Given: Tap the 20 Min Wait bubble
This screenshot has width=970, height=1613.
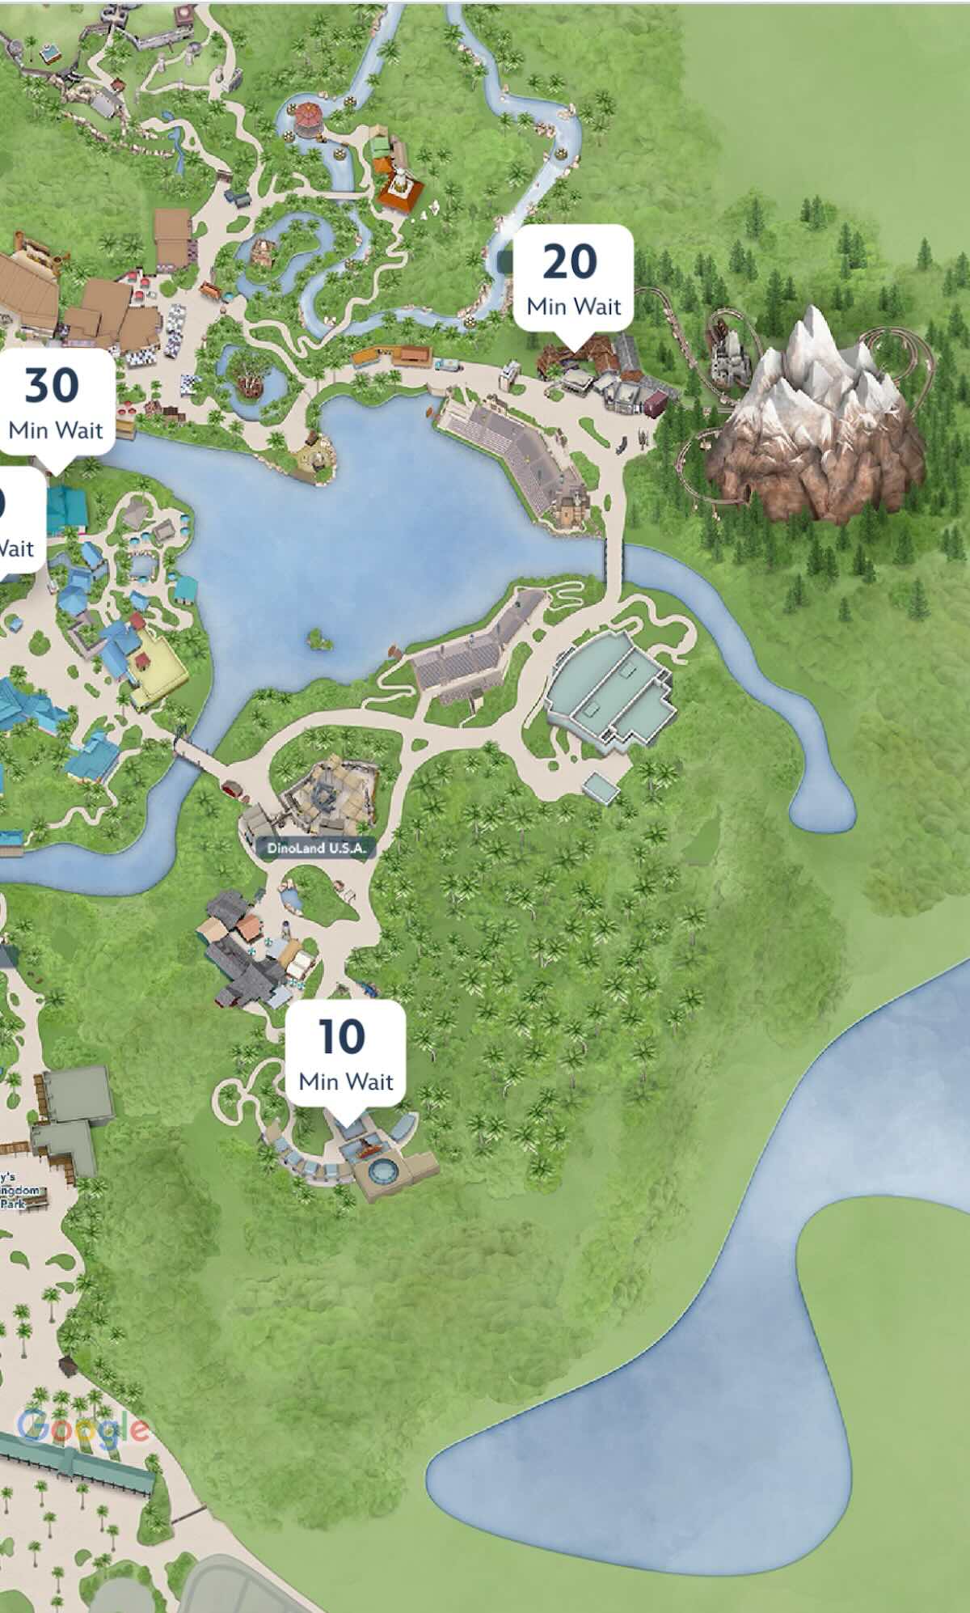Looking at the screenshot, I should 573,279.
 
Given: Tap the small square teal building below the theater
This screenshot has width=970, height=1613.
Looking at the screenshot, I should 601,786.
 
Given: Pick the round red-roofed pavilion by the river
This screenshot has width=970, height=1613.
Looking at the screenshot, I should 308,118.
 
